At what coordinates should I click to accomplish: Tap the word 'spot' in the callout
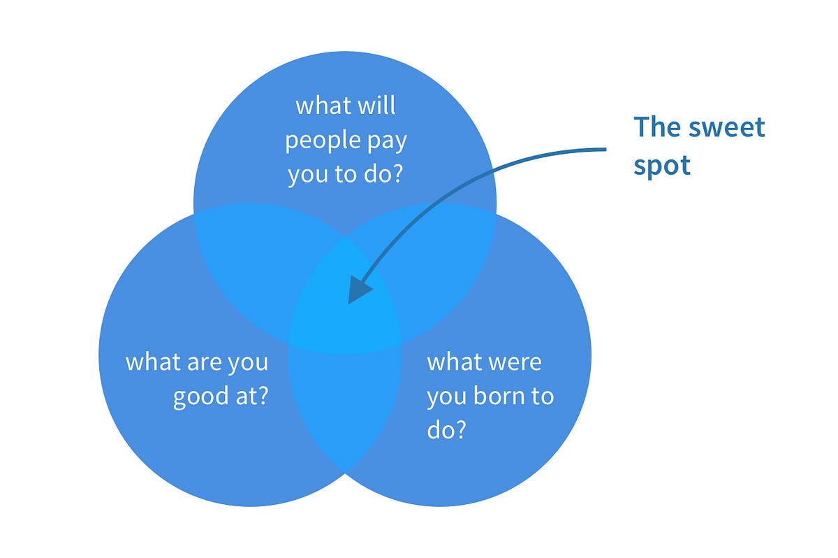[x=661, y=165]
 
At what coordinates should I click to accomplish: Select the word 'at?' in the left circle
[x=253, y=397]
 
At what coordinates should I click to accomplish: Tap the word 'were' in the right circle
[x=515, y=363]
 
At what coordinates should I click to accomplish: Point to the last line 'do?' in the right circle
[x=446, y=430]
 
